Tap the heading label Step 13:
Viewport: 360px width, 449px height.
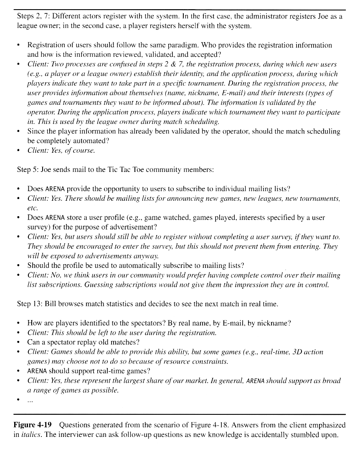point(30,304)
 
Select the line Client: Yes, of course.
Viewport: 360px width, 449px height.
point(61,151)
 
